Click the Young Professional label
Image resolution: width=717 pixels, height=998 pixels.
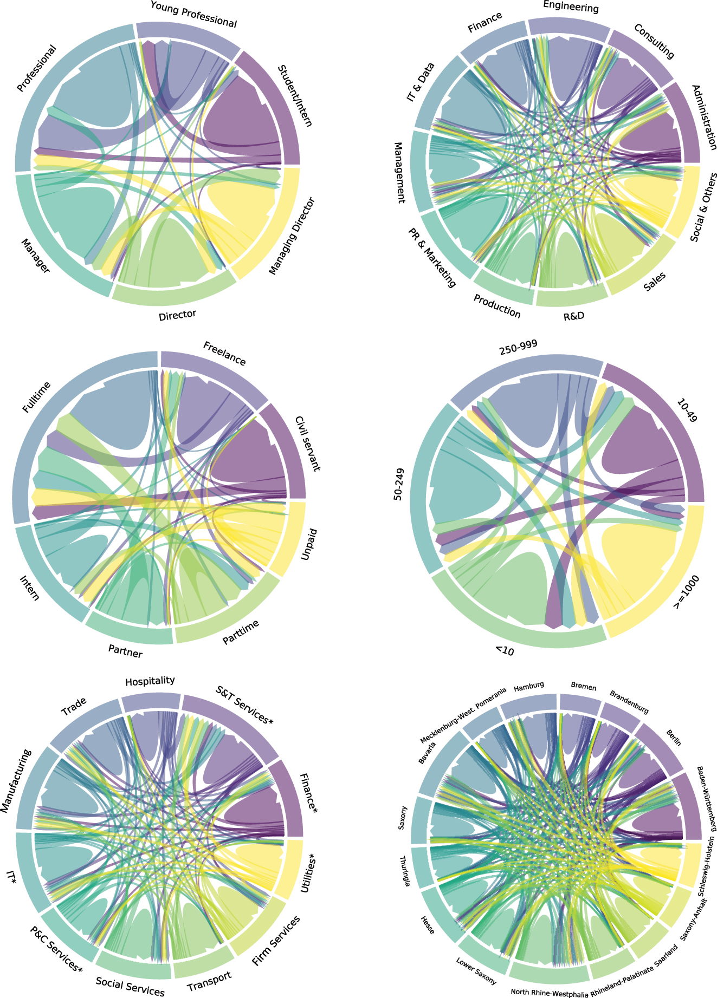click(193, 15)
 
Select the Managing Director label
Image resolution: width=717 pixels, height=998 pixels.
click(292, 237)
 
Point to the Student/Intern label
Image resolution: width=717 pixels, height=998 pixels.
click(295, 96)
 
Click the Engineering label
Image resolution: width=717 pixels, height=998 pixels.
click(571, 7)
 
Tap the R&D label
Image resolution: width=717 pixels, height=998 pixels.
click(574, 316)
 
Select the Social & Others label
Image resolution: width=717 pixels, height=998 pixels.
click(704, 207)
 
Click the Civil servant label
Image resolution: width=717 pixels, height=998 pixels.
click(307, 443)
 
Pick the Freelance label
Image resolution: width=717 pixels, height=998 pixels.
click(224, 353)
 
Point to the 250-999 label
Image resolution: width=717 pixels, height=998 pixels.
click(518, 349)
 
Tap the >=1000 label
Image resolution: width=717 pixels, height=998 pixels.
click(686, 594)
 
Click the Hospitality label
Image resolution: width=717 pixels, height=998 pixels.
click(150, 681)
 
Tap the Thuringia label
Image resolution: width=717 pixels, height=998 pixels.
click(404, 871)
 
